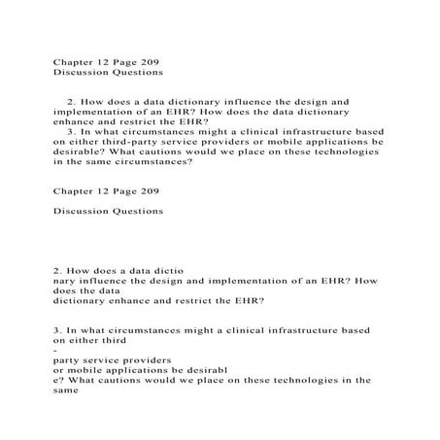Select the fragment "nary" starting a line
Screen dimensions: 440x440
coord(65,280)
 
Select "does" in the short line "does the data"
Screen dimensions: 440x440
coord(65,289)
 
